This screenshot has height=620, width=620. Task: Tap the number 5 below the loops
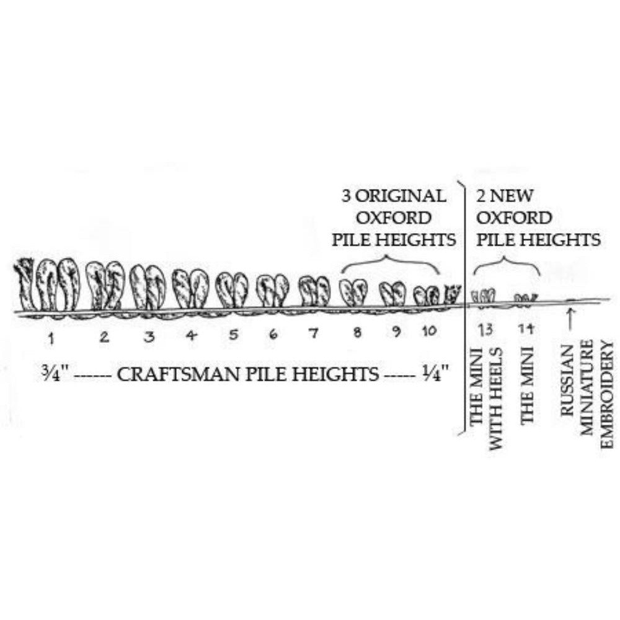click(233, 335)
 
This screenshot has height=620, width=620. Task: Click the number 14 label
click(526, 329)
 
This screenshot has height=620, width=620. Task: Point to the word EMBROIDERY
click(608, 397)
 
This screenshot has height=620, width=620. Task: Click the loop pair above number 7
click(314, 291)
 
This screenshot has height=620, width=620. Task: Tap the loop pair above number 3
click(148, 288)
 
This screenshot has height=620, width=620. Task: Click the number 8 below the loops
click(357, 333)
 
